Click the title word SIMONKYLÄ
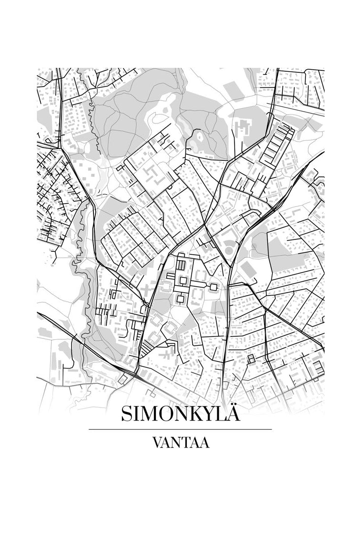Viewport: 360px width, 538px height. click(180, 414)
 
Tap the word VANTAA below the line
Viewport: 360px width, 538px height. click(180, 443)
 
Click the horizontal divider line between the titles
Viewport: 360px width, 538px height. click(180, 429)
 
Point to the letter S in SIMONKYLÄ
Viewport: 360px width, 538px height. click(126, 414)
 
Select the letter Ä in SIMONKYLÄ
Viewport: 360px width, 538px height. click(233, 413)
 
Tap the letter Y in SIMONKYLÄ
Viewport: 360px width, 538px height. click(209, 414)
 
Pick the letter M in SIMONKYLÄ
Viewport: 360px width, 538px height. click(150, 414)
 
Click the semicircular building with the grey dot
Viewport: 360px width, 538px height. click(229, 248)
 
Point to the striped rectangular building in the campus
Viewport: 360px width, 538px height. click(181, 266)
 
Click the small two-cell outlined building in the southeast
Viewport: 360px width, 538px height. click(251, 359)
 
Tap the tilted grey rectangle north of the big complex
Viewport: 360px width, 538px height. click(233, 91)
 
